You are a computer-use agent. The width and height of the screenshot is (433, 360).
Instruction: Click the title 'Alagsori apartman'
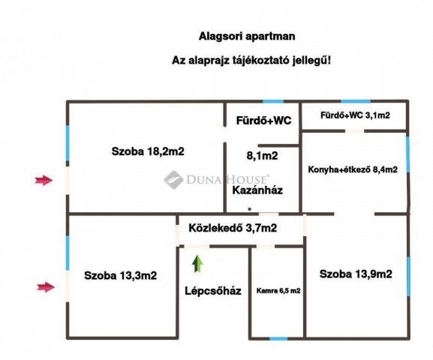246,35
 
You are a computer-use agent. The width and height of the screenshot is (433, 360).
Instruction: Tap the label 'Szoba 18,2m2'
148,151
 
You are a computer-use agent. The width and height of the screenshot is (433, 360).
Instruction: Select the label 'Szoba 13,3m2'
121,275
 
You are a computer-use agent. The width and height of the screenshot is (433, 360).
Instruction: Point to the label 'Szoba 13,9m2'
356,274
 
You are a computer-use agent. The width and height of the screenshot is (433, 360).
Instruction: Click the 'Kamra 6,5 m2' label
278,290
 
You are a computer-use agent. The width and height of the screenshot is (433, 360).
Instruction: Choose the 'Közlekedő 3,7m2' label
233,227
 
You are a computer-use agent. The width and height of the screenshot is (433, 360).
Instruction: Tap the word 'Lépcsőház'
213,291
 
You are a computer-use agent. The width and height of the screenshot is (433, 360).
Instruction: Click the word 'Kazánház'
257,190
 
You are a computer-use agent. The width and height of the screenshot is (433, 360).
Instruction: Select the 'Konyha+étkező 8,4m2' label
353,169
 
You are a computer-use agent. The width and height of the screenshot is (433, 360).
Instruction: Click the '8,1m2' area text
262,156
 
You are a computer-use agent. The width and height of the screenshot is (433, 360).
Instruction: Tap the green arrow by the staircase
197,263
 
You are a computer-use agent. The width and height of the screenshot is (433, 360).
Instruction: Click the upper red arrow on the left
45,179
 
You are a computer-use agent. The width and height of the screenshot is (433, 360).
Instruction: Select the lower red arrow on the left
45,286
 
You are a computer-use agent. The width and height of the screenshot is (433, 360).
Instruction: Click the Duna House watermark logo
174,178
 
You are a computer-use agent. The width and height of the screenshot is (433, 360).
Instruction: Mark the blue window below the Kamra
278,338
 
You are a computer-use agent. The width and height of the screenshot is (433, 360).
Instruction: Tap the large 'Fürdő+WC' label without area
263,120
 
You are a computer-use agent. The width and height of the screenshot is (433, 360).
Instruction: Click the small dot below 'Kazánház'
251,209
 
